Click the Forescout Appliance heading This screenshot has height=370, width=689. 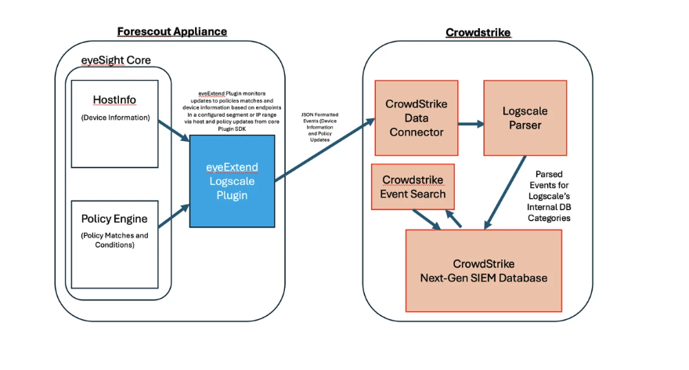coord(171,31)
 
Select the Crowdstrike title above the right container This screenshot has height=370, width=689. coord(478,33)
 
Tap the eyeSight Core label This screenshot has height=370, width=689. coord(116,60)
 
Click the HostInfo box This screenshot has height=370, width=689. coord(114,124)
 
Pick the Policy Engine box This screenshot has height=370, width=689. coord(114,245)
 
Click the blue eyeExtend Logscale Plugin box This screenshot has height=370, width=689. coord(232,181)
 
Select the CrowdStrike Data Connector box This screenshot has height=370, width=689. coord(417,118)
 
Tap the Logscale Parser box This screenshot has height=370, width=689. coord(525,118)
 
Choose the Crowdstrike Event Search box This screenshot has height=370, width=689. coord(413,187)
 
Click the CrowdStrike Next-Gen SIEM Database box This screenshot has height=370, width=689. coord(484,271)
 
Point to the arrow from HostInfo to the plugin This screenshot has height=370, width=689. coord(174,131)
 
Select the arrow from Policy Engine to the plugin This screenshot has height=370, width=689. coord(174,216)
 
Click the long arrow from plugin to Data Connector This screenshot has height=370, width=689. coord(325,150)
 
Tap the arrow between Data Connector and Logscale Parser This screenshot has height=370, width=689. coord(471,124)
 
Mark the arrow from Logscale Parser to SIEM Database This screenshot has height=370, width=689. coord(505,193)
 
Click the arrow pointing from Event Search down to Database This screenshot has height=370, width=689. coord(427,219)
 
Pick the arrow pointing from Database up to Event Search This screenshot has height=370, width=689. coord(453,219)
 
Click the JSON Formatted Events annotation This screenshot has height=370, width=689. coord(320,127)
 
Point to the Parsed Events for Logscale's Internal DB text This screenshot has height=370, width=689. coord(549,196)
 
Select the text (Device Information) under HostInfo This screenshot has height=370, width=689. coord(115,118)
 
